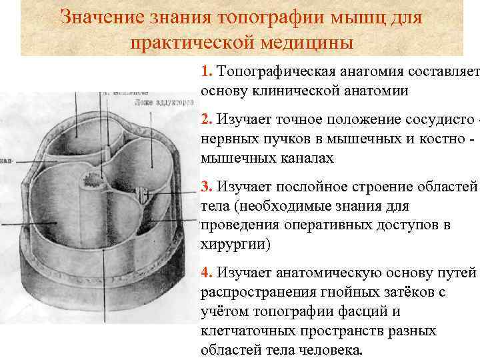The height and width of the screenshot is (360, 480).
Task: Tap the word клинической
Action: (311, 90)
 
